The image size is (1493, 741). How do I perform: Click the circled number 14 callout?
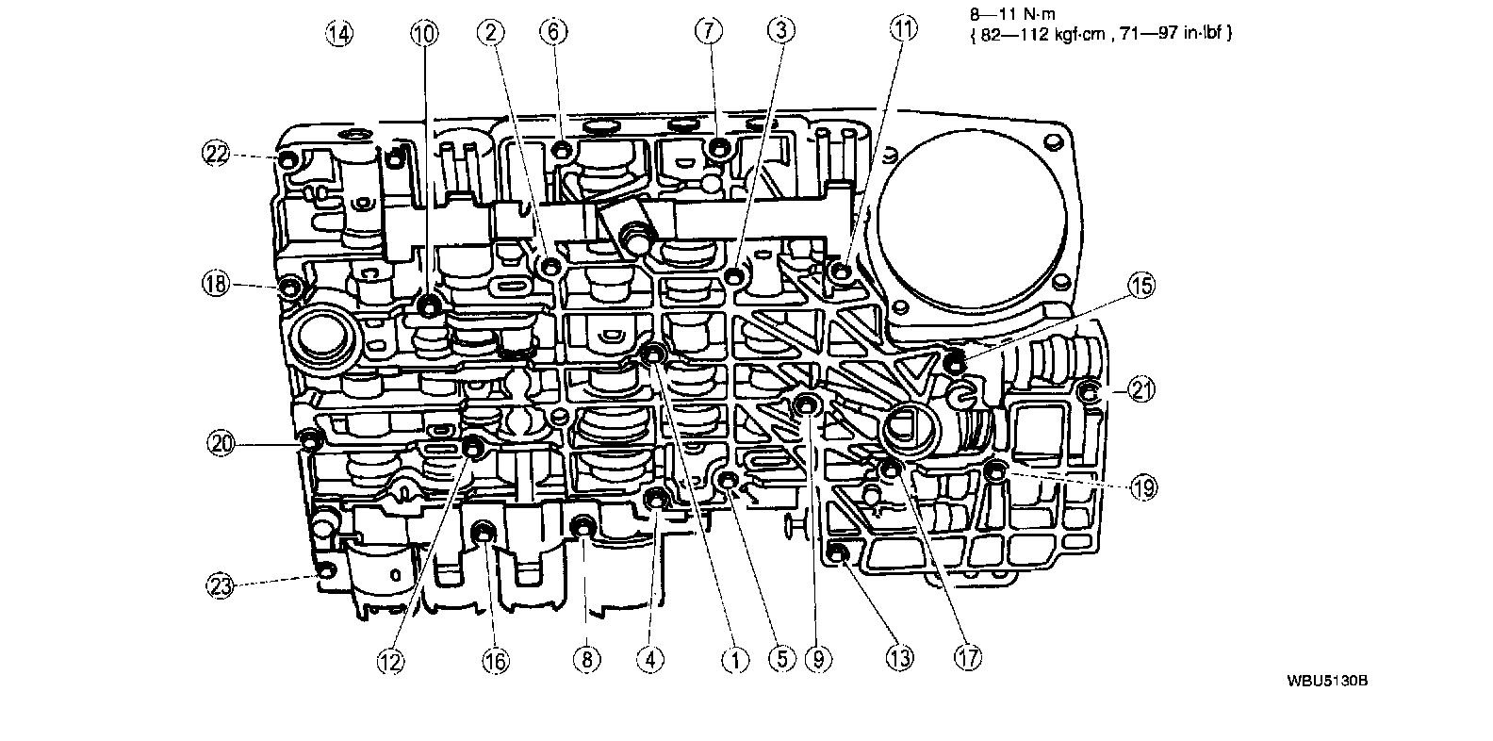[339, 34]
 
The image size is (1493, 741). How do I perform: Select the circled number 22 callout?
[217, 154]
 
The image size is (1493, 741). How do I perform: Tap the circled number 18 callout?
[217, 283]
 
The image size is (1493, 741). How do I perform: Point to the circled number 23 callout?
[220, 585]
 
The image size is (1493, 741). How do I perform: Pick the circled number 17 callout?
[968, 656]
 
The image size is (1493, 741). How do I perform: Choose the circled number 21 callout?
[1142, 389]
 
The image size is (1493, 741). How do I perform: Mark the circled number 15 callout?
[1141, 286]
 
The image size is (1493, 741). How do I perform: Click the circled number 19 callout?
[1143, 486]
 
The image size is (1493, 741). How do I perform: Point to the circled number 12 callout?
[390, 662]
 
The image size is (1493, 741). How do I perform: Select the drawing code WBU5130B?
[1323, 680]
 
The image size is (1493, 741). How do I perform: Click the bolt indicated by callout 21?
[1088, 392]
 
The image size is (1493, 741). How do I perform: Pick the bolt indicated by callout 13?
[836, 552]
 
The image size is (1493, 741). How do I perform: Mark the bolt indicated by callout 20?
[309, 439]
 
